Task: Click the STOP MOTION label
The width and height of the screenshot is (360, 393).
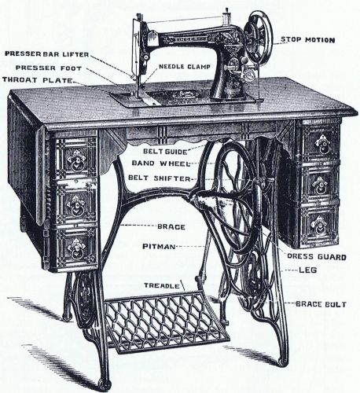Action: tap(308, 40)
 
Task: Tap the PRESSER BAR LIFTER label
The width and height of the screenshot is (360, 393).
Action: tap(47, 54)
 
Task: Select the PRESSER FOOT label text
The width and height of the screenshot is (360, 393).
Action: tap(49, 68)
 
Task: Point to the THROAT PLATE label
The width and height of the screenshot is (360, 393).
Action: tap(38, 80)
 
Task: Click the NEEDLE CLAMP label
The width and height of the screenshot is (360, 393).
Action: tap(185, 67)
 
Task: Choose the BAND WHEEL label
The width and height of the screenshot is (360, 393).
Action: tap(161, 163)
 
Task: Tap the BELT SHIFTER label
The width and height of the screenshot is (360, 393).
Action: tap(159, 178)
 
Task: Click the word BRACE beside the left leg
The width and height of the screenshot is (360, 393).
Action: tap(171, 227)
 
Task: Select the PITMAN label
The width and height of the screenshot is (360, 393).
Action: tap(159, 247)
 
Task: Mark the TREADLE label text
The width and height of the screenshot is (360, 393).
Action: tap(162, 285)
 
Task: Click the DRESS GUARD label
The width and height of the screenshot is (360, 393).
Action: tap(317, 257)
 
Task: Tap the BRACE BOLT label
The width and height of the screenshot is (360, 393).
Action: tap(321, 304)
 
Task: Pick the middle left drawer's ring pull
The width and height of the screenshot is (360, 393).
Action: tap(76, 208)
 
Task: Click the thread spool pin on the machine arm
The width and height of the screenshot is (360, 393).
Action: tap(226, 16)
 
